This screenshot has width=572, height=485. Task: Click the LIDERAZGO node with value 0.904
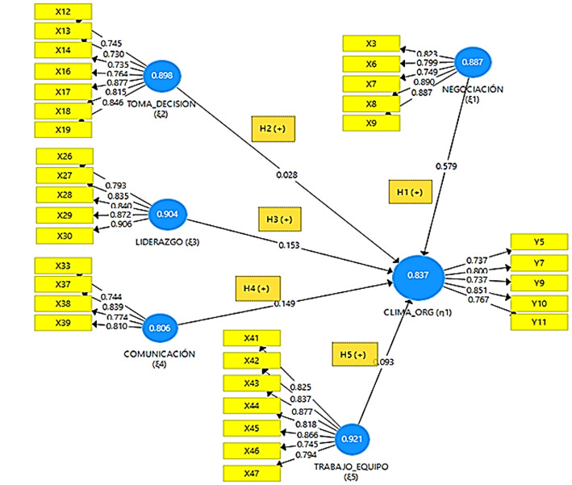[x=169, y=214]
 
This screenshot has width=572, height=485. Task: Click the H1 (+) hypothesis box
[x=410, y=191]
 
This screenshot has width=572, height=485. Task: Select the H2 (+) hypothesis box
[x=273, y=128]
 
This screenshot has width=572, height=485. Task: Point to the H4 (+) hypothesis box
[x=257, y=288]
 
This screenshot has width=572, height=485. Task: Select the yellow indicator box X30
[x=65, y=235]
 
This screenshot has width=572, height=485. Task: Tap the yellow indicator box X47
[x=252, y=472]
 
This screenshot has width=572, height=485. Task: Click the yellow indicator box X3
[x=371, y=44]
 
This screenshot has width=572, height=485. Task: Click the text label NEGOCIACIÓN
[x=474, y=90]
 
